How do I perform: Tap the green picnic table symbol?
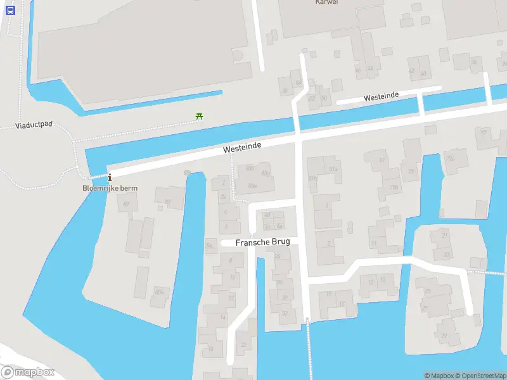(199, 117)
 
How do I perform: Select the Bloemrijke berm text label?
(110, 188)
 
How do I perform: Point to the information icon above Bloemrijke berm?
(110, 177)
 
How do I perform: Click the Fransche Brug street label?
(262, 243)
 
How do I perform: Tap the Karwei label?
(326, 3)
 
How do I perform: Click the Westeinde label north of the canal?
(381, 96)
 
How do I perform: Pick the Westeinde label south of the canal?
(242, 148)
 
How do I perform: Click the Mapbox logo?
(28, 372)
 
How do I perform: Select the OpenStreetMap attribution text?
(480, 376)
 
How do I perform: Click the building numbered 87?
(126, 203)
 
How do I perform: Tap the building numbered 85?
(167, 202)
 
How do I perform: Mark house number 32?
(284, 312)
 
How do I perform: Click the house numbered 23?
(446, 255)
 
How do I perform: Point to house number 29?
(444, 336)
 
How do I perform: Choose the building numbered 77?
(484, 133)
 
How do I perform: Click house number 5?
(328, 243)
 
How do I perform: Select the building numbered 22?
(243, 344)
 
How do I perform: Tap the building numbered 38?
(473, 61)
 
